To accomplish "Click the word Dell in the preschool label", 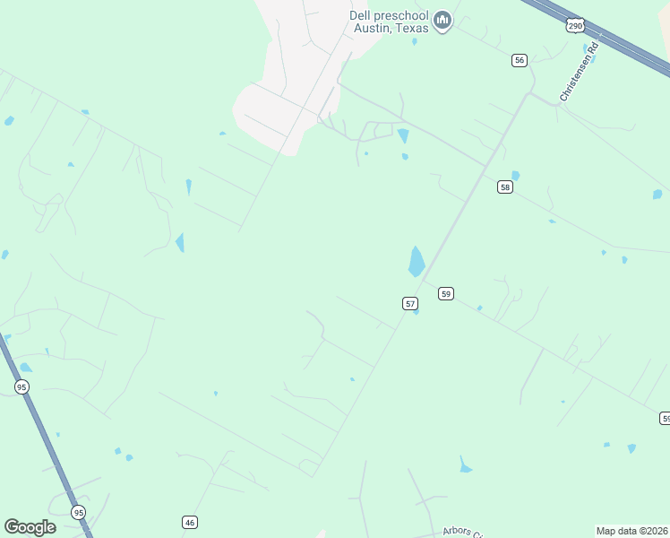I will point(360,15).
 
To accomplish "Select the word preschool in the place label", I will point(400,15).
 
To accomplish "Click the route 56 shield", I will point(520,60).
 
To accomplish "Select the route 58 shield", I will point(505,187).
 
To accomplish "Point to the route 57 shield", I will point(410,304).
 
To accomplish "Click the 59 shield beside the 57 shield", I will point(446,293).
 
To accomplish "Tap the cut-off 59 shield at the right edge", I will point(665,418).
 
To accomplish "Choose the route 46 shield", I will point(190,522).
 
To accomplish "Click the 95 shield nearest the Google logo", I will point(79,513).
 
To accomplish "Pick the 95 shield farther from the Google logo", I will point(21,386).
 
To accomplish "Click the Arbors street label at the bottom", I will point(462,531).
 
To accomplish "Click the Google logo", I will point(30,527).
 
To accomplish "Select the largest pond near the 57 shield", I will point(417,261).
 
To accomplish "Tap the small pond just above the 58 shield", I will point(515,176).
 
